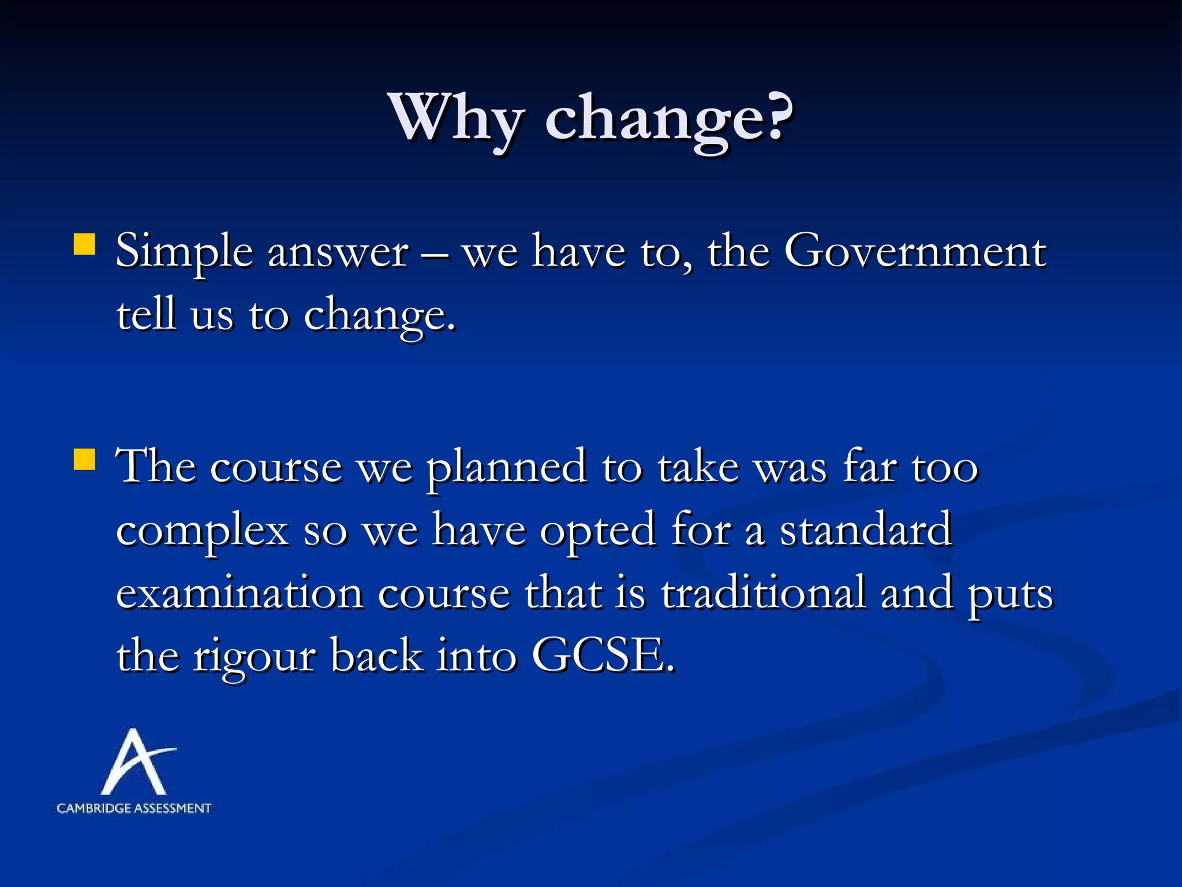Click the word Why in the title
pyautogui.click(x=457, y=118)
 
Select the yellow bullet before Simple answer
pyautogui.click(x=84, y=244)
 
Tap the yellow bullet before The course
pyautogui.click(x=84, y=460)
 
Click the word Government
pyautogui.click(x=915, y=252)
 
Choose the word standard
pyautogui.click(x=866, y=530)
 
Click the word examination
pyautogui.click(x=240, y=594)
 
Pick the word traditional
pyautogui.click(x=763, y=594)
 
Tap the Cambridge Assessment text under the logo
pyautogui.click(x=134, y=808)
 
